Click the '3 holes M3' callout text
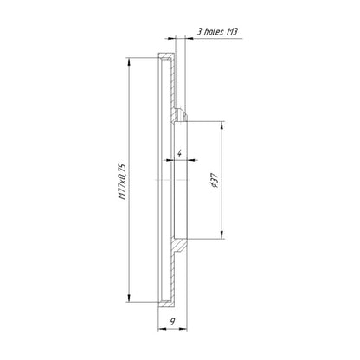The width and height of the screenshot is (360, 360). coord(217,31)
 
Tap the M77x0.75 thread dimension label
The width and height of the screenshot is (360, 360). coord(122,182)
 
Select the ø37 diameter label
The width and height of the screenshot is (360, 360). coord(215,180)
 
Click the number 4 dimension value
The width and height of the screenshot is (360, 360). coord(179,153)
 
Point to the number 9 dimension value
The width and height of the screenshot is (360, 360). coord(172,322)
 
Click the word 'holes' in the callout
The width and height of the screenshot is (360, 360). coord(214,31)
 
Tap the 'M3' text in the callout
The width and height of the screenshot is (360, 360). coord(232,31)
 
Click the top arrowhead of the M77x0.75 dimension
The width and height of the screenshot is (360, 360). coord(129,61)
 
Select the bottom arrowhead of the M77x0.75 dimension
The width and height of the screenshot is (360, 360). coord(129,299)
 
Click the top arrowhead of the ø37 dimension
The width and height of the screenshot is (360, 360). coord(222,125)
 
